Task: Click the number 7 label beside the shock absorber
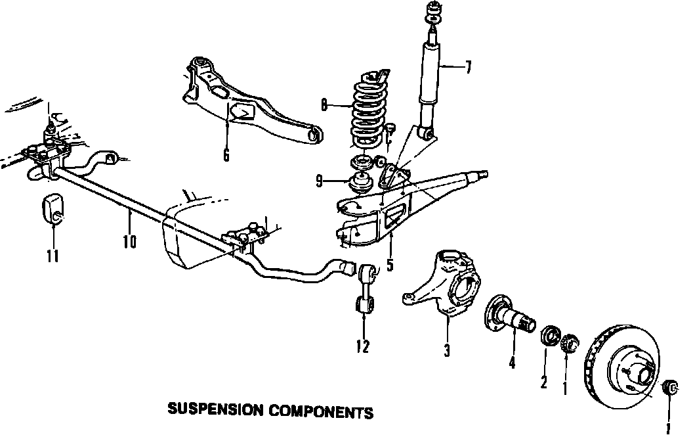(x=467, y=67)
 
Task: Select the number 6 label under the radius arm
(x=226, y=155)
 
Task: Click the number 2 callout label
(x=543, y=382)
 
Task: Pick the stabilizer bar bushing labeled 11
(x=52, y=209)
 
